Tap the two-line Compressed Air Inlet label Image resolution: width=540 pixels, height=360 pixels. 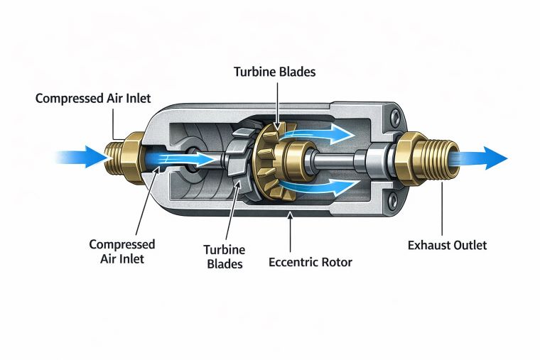(121, 251)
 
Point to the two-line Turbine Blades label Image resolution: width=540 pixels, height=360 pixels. (224, 256)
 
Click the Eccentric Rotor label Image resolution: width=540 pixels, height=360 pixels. (310, 262)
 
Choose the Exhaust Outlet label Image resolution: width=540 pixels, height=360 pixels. (447, 246)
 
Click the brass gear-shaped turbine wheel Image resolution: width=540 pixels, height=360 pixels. (272, 159)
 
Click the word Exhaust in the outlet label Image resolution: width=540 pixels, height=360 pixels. (428, 246)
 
